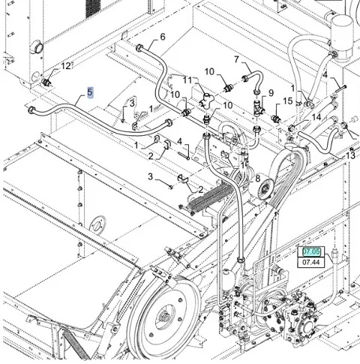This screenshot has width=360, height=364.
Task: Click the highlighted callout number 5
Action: click(x=90, y=92)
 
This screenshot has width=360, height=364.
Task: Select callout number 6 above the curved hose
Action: click(x=163, y=37)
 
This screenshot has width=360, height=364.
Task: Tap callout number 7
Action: click(x=236, y=60)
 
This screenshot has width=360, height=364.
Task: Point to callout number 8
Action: click(x=258, y=179)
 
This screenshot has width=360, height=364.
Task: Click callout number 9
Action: click(x=271, y=93)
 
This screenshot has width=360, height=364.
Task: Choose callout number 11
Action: click(x=187, y=80)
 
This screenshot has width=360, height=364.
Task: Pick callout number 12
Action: click(x=66, y=66)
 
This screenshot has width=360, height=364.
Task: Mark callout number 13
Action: click(x=350, y=155)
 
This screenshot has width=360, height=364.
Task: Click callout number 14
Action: click(x=316, y=117)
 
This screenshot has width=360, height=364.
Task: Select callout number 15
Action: click(x=288, y=101)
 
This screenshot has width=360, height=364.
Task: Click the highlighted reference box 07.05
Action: click(x=311, y=251)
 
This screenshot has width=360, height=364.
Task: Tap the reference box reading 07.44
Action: click(x=311, y=262)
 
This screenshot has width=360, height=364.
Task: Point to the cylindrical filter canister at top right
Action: click(x=342, y=38)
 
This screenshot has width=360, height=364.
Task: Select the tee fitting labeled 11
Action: click(x=206, y=101)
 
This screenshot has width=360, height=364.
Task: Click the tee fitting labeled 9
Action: click(x=258, y=107)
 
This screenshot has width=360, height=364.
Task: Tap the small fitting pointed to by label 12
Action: click(x=46, y=82)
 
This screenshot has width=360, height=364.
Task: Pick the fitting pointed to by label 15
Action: click(x=276, y=118)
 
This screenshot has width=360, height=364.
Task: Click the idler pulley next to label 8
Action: click(x=262, y=187)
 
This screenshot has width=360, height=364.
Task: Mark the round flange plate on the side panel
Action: click(x=97, y=224)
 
